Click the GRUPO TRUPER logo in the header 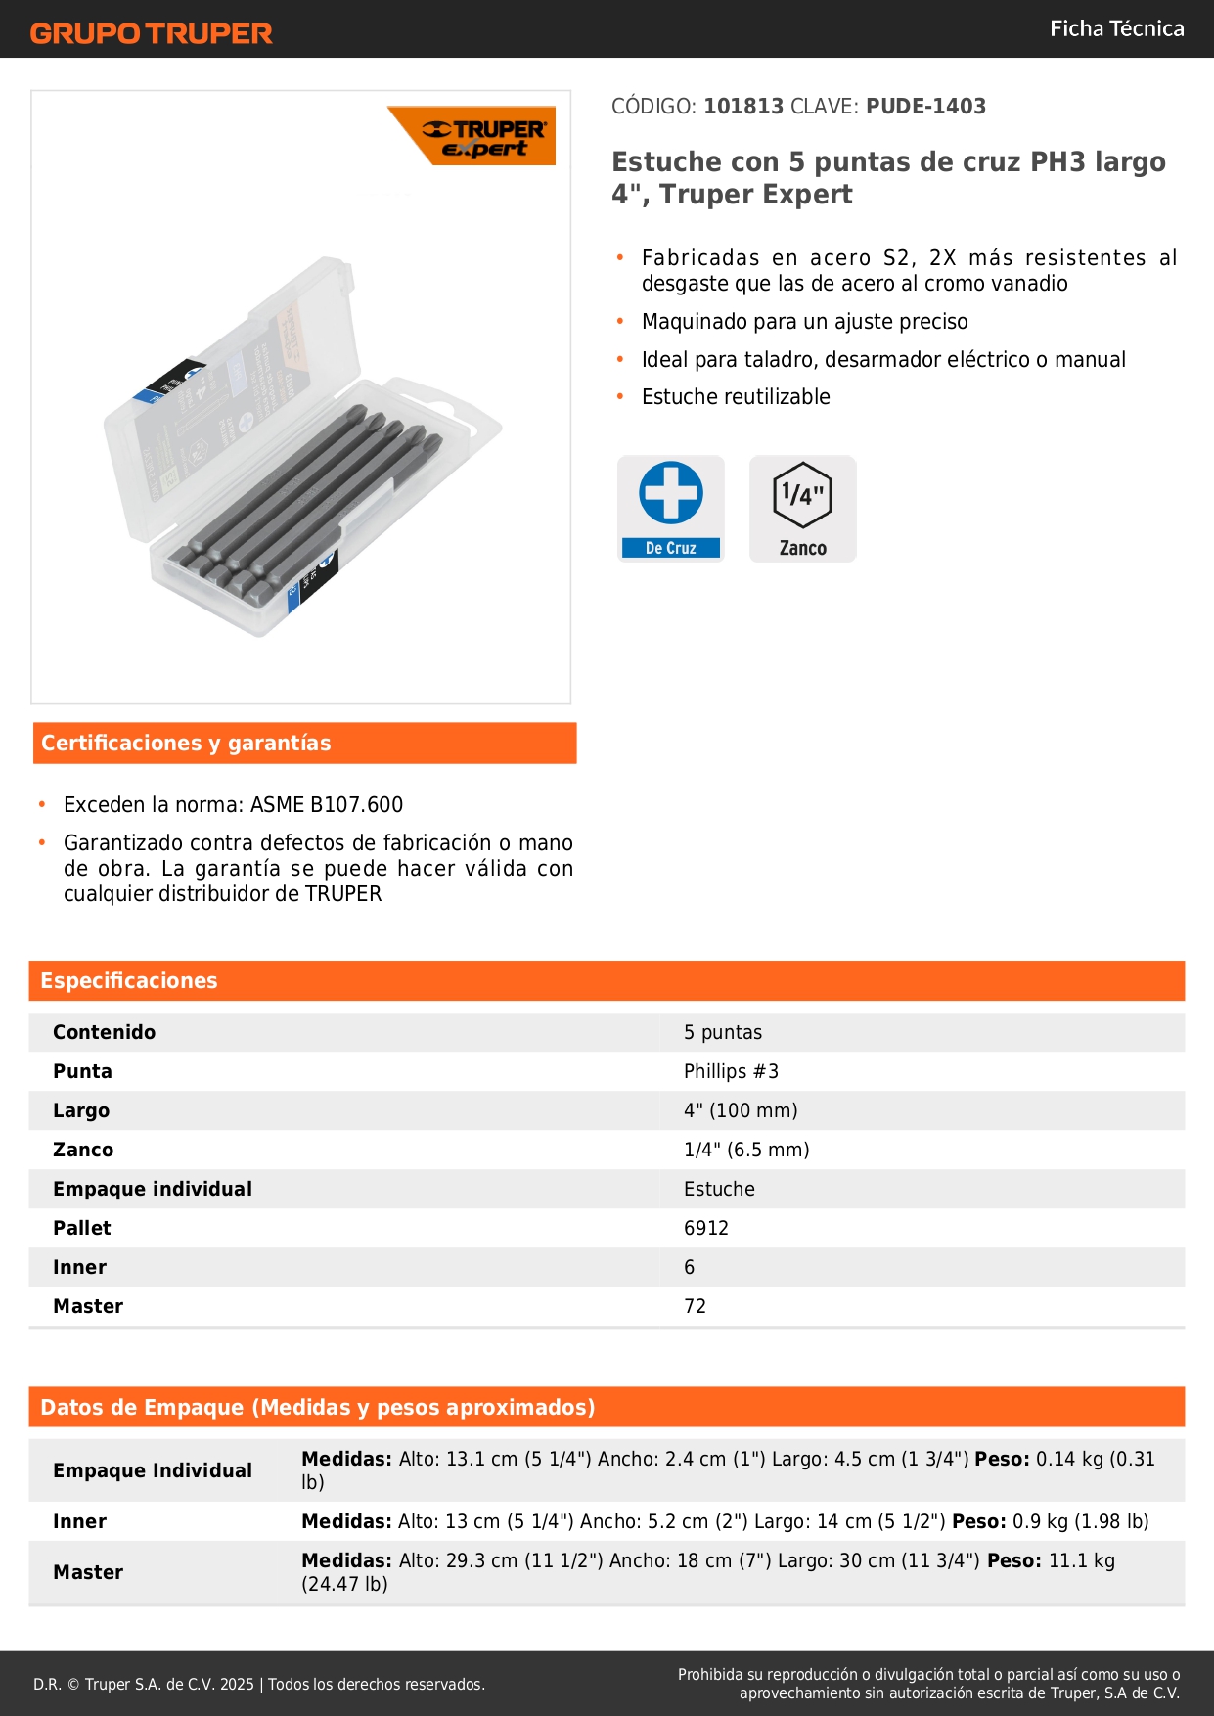point(151,33)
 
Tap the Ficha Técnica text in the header point(1116,29)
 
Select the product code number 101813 point(743,107)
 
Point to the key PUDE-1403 point(925,107)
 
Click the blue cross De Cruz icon point(671,508)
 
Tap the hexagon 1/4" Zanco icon point(802,508)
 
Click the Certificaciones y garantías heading point(186,744)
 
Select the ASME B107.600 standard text point(327,805)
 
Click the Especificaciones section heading point(129,981)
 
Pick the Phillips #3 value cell point(731,1071)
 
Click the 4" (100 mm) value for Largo point(741,1110)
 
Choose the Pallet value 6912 point(706,1228)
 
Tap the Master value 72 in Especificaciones point(695,1306)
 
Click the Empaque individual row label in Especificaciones point(153,1189)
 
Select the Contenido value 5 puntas point(723,1032)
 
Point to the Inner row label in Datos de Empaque point(80,1521)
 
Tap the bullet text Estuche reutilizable point(736,397)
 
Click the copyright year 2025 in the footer point(237,1684)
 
